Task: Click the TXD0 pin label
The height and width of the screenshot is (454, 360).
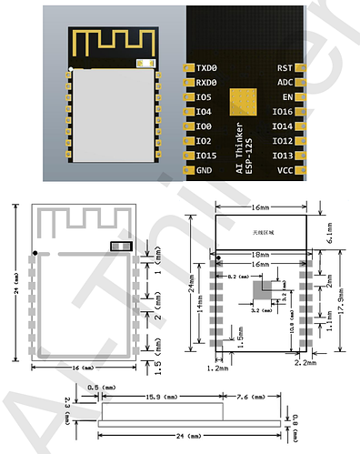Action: (x=207, y=68)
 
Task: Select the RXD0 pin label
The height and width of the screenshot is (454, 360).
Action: (x=207, y=83)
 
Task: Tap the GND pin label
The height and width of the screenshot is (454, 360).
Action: (x=204, y=169)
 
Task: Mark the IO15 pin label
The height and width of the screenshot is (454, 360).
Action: (x=205, y=156)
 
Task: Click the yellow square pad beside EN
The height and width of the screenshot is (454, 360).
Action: (x=243, y=100)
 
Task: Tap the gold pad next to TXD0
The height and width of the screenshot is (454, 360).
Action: (x=188, y=68)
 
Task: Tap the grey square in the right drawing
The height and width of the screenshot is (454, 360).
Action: (x=265, y=288)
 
